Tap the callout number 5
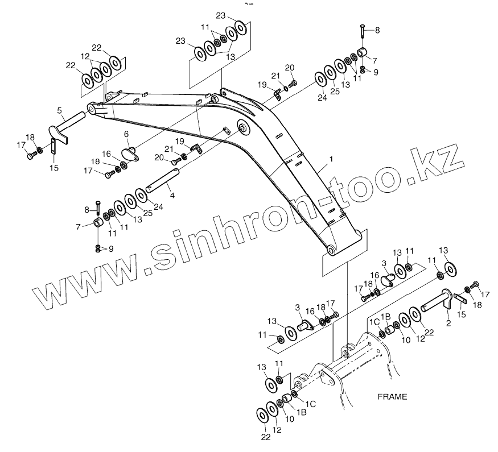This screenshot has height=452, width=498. tap(59, 110)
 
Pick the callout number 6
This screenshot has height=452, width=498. tap(126, 134)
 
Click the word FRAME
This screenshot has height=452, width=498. tap(392, 397)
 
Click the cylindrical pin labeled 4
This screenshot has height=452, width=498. tap(163, 181)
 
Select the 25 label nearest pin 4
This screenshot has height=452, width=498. tap(147, 213)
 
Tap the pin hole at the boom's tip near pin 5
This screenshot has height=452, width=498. tap(91, 107)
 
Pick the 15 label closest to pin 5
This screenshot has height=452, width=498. tap(54, 168)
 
